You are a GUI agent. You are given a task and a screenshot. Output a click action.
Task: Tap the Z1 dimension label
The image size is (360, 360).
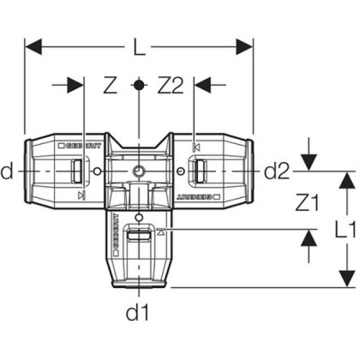tap(307, 204)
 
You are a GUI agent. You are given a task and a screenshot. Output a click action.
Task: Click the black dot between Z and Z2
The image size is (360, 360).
tap(138, 85)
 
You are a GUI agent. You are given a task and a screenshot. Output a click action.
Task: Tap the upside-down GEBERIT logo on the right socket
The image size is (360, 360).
tap(199, 197)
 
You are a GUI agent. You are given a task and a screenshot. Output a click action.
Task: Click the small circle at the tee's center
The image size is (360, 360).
tap(138, 171)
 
